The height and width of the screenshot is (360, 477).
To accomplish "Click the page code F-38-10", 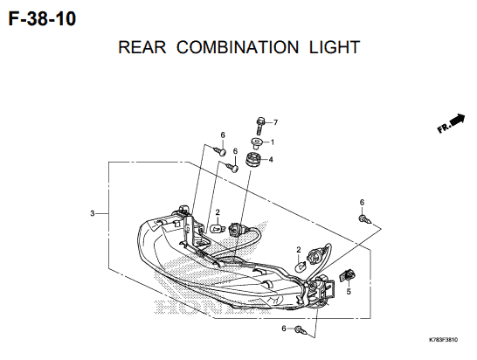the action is (x=42, y=19).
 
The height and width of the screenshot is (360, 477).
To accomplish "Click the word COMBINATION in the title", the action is (x=238, y=47).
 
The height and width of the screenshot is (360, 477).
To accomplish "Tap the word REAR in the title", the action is (x=142, y=47).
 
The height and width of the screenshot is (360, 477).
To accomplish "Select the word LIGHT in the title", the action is (x=335, y=47).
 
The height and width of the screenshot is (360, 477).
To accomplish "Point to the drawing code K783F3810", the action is (x=443, y=340).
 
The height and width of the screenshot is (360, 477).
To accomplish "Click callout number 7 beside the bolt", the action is (x=275, y=122).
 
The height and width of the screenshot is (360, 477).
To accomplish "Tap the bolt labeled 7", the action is (x=260, y=125).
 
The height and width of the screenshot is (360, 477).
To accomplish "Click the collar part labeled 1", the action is (x=256, y=143).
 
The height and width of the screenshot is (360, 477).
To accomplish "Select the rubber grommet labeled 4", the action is (x=252, y=159).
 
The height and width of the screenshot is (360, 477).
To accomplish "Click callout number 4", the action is (x=271, y=159).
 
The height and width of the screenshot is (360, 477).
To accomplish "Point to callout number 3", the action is (x=93, y=213).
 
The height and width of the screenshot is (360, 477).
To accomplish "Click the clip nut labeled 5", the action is (x=348, y=275).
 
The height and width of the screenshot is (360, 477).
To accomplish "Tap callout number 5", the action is (x=349, y=292).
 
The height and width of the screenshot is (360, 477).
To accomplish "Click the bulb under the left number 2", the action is (x=218, y=228).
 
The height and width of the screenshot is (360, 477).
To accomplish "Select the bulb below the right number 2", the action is (x=300, y=267).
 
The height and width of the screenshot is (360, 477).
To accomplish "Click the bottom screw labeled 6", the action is (x=303, y=331).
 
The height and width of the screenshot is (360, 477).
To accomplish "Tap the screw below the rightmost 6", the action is (x=364, y=219).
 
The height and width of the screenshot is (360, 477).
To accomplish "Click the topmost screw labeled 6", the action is (x=220, y=151).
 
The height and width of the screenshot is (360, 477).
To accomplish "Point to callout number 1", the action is (x=273, y=142).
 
